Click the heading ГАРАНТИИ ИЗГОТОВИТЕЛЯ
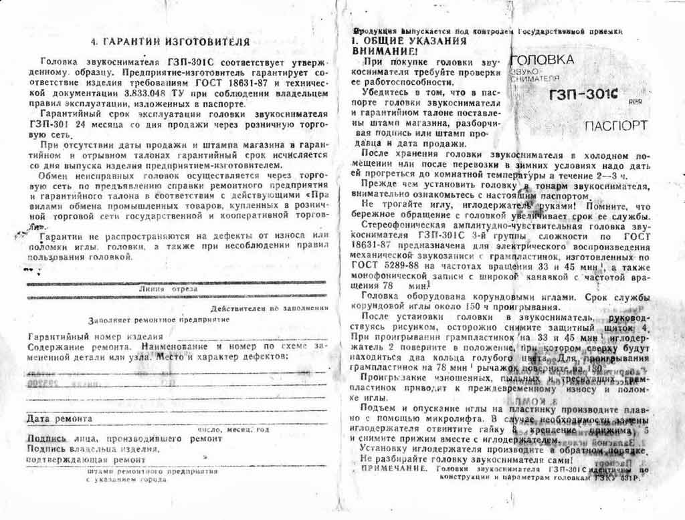pyautogui.click(x=170, y=41)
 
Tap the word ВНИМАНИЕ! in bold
pyautogui.click(x=383, y=51)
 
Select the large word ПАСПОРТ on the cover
pyautogui.click(x=615, y=126)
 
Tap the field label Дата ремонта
pyautogui.click(x=59, y=419)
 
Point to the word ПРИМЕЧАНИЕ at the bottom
pyautogui.click(x=392, y=470)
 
